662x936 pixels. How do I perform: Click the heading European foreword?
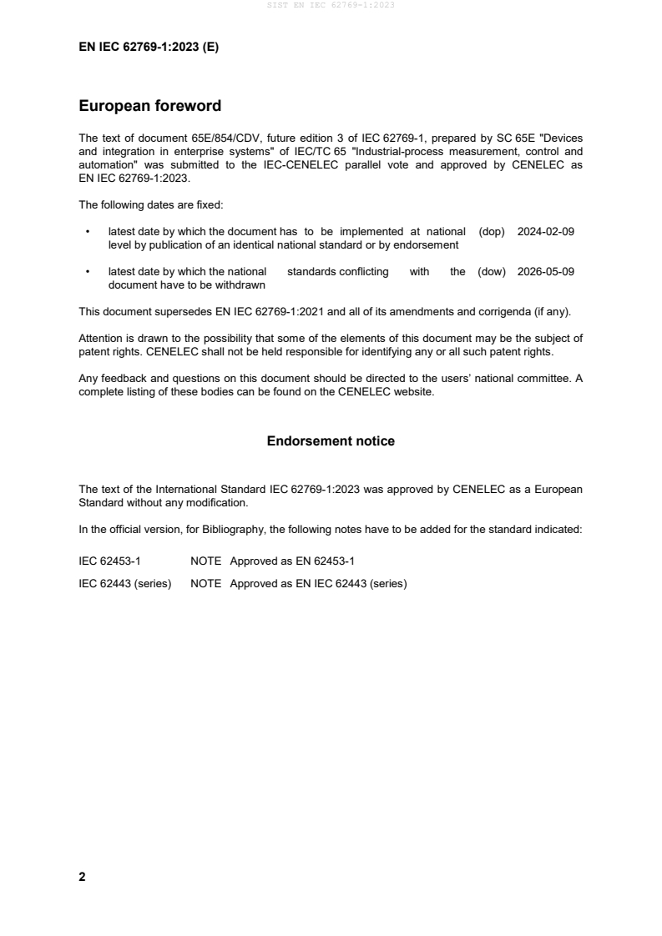[149, 106]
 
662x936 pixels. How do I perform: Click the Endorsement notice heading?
[331, 441]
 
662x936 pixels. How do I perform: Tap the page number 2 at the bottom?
[82, 877]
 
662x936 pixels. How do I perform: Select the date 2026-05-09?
[546, 272]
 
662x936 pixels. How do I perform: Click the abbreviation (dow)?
[492, 272]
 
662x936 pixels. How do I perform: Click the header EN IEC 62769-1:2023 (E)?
[149, 48]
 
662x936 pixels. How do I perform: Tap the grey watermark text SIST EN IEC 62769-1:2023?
[331, 5]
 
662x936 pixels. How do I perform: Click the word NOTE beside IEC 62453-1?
[205, 561]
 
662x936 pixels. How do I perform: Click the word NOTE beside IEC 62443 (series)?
[205, 584]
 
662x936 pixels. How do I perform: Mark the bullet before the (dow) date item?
[87, 272]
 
